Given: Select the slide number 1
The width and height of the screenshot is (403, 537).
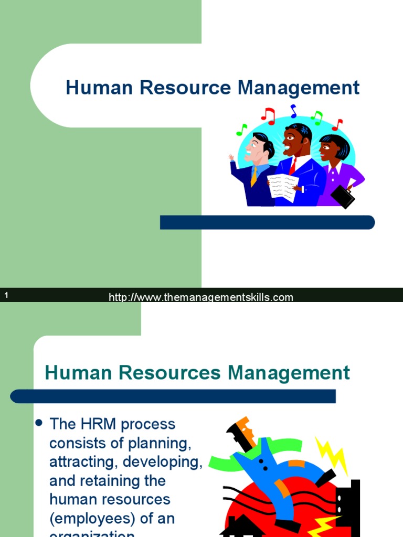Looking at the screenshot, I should coord(6,296).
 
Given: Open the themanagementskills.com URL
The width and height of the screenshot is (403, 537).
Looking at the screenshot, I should coord(201,298).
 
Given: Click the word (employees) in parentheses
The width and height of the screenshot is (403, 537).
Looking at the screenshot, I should coord(96,519).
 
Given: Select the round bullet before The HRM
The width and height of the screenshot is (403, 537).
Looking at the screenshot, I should coord(38,423).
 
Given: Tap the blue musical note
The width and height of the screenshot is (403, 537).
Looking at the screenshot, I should coord(293,111).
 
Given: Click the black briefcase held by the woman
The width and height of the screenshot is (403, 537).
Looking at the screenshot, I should coord(342,196).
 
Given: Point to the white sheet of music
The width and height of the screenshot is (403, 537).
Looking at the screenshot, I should coord(283,188).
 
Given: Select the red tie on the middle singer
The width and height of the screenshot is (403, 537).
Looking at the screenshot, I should coord(292,166).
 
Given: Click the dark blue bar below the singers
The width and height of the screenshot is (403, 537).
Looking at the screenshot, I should coord(267,222).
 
